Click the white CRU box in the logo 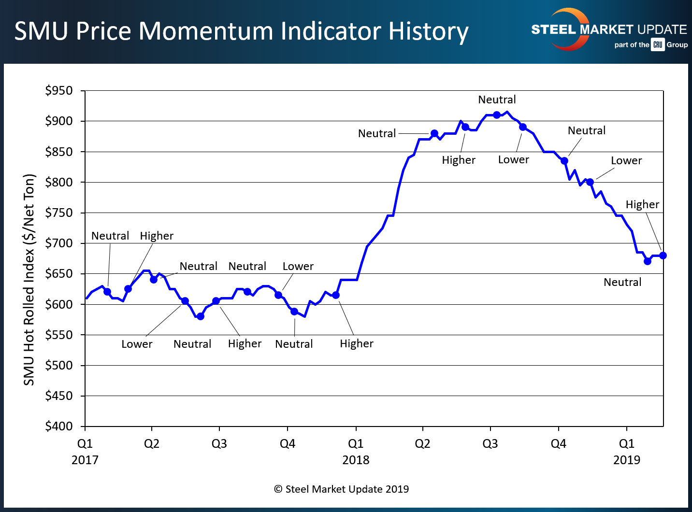point(658,45)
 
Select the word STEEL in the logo point(554,29)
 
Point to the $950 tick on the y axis point(59,91)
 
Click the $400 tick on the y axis point(59,426)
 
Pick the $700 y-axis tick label point(59,243)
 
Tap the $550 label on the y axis point(59,335)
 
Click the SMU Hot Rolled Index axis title point(29,280)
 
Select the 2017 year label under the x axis point(85,460)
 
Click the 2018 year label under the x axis point(356,460)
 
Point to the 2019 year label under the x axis point(627,460)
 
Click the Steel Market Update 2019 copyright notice point(342,489)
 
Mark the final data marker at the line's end point(663,256)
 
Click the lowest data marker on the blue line point(201,316)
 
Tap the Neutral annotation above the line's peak point(497,100)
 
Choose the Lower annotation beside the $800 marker point(626,161)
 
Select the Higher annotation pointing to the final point point(642,205)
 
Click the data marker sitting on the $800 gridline point(590,182)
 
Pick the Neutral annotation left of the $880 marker point(377,134)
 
